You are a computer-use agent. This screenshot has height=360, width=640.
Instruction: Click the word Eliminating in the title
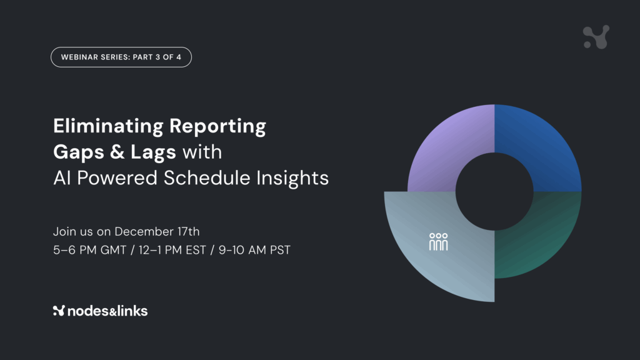point(108,126)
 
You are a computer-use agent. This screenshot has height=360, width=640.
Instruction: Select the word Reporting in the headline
point(217,126)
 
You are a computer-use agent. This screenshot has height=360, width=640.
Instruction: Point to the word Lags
point(153,152)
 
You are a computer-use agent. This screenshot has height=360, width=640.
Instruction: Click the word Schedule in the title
point(207,177)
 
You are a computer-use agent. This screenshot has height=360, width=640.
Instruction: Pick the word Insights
point(292,178)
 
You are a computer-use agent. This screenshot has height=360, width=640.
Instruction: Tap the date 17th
point(189,231)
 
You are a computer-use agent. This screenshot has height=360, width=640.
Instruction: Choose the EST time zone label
point(196,250)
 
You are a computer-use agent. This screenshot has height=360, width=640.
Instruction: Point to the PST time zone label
point(280,250)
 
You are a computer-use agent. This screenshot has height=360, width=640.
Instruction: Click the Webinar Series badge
point(121,57)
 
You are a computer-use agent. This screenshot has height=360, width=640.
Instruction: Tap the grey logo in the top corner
point(596,37)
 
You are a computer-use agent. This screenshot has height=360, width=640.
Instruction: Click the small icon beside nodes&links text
point(59,311)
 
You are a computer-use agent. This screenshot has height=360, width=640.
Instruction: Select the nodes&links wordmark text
point(107,311)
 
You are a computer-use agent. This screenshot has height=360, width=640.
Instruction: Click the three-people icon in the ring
point(438,242)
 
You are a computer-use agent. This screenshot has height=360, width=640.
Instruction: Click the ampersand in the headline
point(117,152)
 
